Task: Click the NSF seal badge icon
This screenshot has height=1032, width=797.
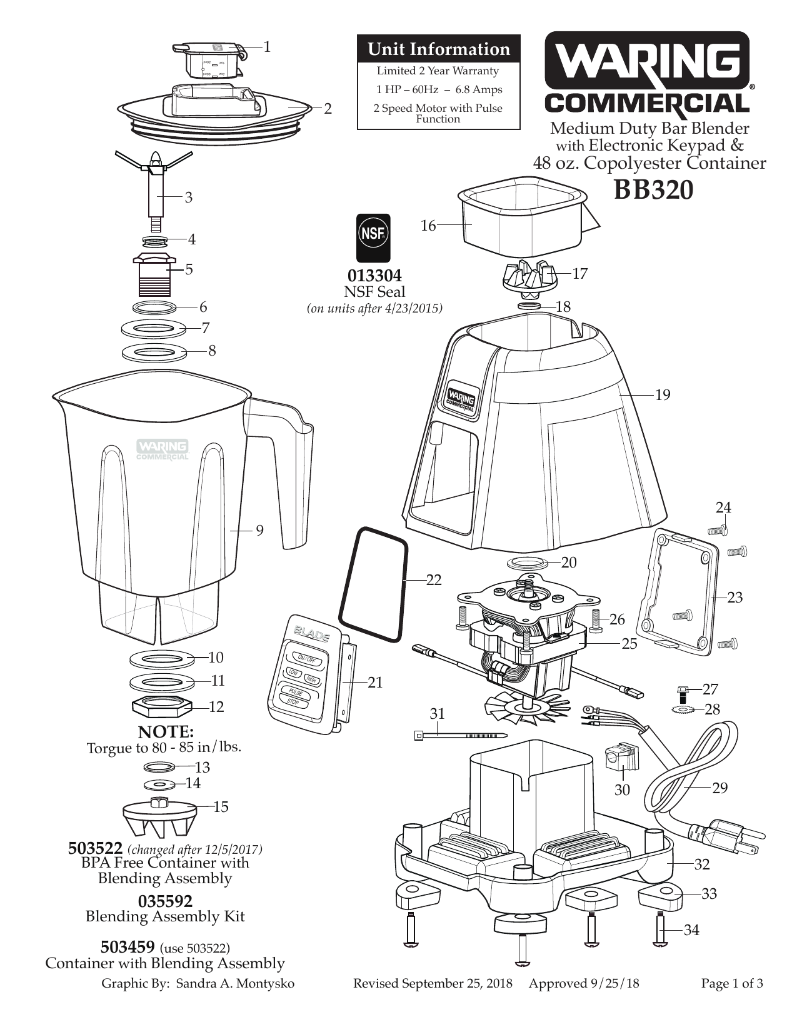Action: (373, 237)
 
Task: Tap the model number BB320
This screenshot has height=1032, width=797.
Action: (653, 190)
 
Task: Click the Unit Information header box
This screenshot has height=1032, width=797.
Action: (438, 49)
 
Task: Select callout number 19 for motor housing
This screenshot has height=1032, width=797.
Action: (662, 395)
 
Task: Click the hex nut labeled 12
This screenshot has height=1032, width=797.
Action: (161, 707)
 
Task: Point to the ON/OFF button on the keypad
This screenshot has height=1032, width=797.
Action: (307, 659)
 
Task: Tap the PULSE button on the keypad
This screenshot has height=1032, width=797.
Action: (295, 693)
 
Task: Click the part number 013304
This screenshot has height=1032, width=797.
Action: (374, 276)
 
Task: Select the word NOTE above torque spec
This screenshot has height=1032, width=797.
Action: (166, 732)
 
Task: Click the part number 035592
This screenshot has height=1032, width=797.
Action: (165, 901)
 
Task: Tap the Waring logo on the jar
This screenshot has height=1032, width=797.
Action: (163, 449)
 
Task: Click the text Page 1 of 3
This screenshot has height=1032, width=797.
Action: (731, 983)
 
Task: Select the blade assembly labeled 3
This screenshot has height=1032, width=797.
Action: (154, 188)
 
